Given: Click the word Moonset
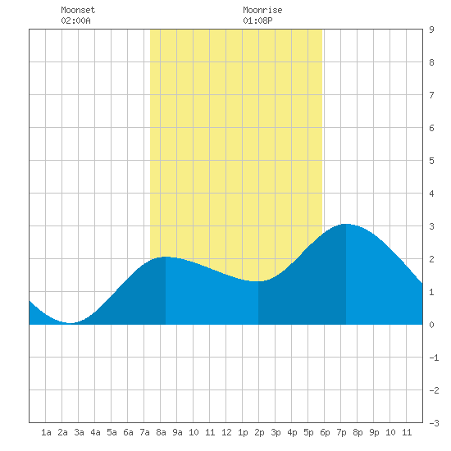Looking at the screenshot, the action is [78, 10].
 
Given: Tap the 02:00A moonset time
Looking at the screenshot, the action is [75, 20].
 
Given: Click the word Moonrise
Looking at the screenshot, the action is [262, 10].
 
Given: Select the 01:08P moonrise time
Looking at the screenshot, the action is [257, 20].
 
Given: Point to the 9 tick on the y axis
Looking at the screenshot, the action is [431, 30].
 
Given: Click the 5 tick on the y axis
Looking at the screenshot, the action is [431, 161].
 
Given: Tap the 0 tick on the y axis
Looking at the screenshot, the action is [431, 325].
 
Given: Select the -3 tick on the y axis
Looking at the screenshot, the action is [434, 423].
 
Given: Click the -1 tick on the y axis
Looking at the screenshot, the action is [434, 358].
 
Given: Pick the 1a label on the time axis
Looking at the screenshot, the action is [46, 432].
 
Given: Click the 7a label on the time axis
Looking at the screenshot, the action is [144, 432].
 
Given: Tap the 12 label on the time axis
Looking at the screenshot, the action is [226, 432].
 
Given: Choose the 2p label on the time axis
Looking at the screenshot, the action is [259, 432].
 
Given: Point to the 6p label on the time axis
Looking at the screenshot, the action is [325, 432].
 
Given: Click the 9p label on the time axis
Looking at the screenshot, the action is [374, 432].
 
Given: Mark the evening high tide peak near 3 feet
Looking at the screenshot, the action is [346, 224].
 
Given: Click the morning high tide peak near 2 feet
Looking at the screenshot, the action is [166, 257].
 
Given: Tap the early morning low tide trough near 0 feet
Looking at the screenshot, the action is [70, 323].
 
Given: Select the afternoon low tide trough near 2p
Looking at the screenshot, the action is [258, 281].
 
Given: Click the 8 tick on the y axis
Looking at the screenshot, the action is [431, 62].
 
